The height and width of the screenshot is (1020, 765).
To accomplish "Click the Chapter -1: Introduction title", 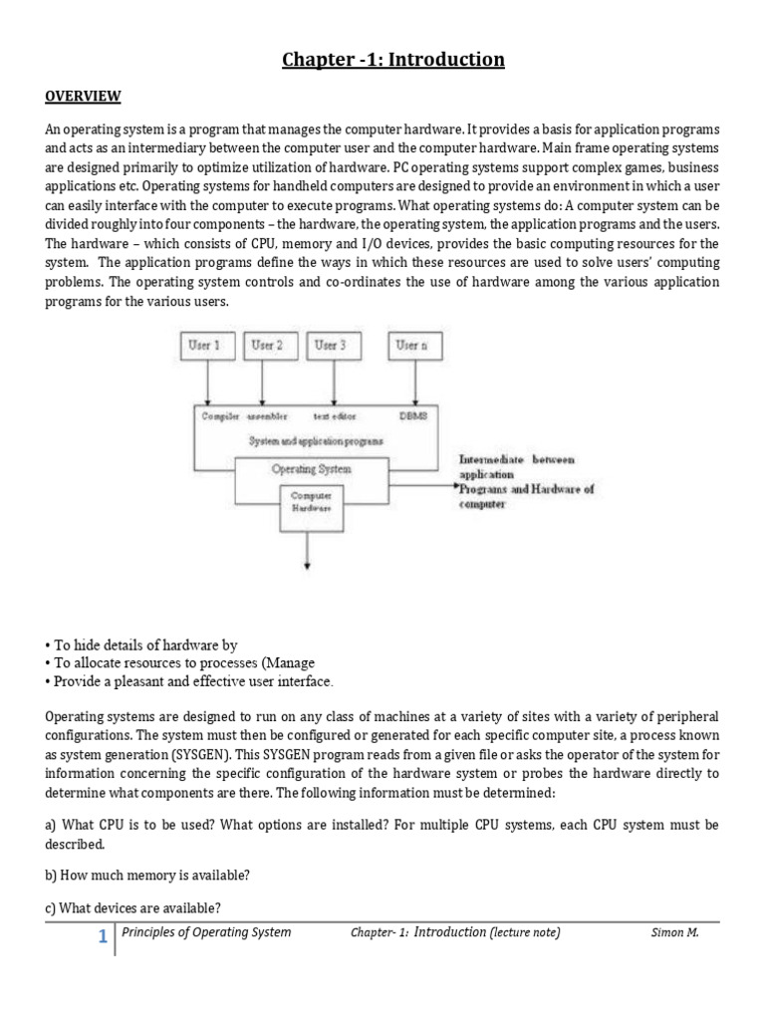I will (x=392, y=61).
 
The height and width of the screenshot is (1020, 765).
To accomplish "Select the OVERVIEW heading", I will (x=84, y=97).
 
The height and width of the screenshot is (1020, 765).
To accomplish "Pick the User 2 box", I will (x=267, y=346).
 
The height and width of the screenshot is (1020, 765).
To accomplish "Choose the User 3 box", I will (x=333, y=346).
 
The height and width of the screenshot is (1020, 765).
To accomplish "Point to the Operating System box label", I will (x=311, y=468).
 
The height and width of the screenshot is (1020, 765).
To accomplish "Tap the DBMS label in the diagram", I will (x=412, y=415).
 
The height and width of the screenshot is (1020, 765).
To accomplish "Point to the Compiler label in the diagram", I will (x=220, y=415).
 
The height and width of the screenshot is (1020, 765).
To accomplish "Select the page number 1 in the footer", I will (x=103, y=936).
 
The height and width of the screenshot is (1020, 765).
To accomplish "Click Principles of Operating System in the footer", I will (x=206, y=933).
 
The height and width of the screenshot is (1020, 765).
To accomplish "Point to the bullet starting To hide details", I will (x=141, y=645).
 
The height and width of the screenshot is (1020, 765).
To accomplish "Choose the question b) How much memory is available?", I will (x=147, y=876).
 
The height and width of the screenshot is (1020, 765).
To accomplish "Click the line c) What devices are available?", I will (x=133, y=907).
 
